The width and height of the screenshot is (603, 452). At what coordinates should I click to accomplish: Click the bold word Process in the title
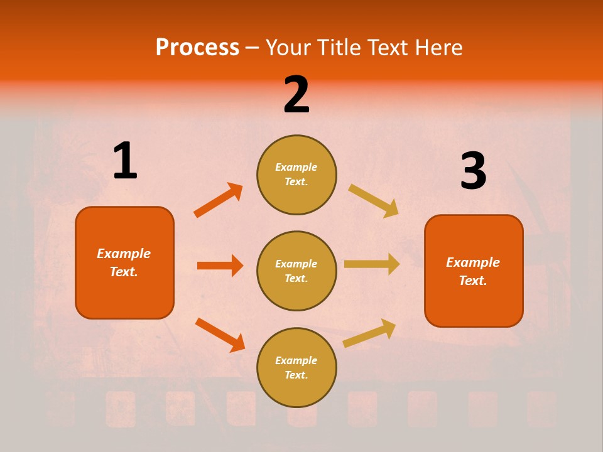197,48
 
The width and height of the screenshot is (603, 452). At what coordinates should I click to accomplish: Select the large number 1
125,161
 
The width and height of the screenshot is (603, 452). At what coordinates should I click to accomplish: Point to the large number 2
296,95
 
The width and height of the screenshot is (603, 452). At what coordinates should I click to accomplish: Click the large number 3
473,171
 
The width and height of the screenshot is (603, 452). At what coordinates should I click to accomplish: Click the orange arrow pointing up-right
219,200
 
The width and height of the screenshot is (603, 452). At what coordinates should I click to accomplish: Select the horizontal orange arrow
220,266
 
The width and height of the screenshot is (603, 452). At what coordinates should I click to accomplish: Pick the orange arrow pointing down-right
220,335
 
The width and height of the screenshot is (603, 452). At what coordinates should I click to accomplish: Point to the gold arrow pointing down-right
374,201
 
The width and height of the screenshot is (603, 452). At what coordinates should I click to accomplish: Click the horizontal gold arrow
372,264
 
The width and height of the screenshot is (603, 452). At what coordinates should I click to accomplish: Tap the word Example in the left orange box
124,254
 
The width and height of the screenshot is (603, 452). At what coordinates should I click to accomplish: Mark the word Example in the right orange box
473,262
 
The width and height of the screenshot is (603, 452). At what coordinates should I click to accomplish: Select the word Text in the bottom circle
295,375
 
